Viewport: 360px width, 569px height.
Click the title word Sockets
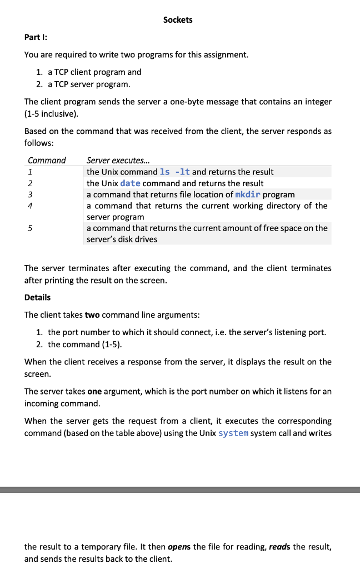(x=178, y=20)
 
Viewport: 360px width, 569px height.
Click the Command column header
(x=47, y=160)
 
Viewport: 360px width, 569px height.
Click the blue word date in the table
(x=130, y=183)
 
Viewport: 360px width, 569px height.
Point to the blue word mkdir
(x=247, y=194)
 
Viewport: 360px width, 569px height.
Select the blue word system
(x=233, y=433)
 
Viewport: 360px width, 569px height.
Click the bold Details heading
(x=37, y=297)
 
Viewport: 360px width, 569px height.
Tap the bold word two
(x=92, y=315)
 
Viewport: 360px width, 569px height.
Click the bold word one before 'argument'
(x=95, y=391)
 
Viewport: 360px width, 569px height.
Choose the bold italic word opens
(x=179, y=547)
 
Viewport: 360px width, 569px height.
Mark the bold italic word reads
(x=279, y=547)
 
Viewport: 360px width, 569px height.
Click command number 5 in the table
(x=30, y=228)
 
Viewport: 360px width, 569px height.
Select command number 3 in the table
(x=30, y=194)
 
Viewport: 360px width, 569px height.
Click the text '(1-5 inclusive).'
(x=51, y=114)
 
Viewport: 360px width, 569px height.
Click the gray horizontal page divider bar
(x=180, y=490)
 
